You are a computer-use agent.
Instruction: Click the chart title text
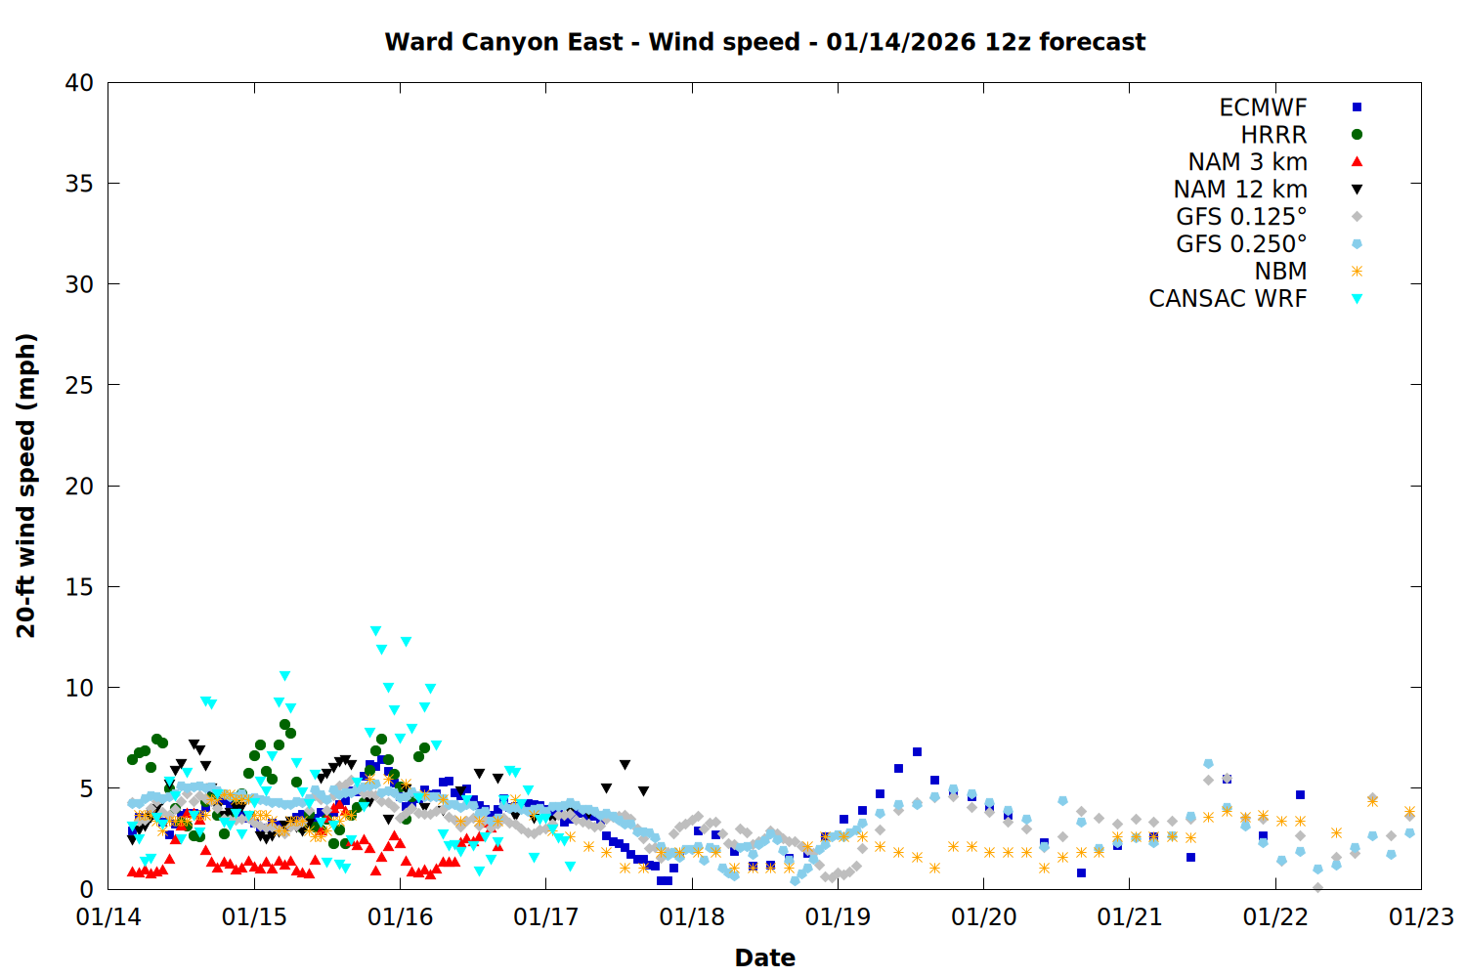click(x=764, y=42)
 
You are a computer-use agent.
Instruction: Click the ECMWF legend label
click(x=1263, y=107)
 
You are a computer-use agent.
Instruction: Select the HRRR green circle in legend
click(x=1357, y=135)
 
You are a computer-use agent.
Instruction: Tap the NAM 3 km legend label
click(x=1247, y=162)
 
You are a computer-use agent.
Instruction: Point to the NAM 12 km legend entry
click(x=1240, y=190)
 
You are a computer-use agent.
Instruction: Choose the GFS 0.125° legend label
click(x=1241, y=217)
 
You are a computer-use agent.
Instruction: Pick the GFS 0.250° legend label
click(x=1241, y=244)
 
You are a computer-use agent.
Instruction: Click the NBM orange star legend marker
click(x=1357, y=272)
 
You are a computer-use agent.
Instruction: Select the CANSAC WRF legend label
click(x=1228, y=299)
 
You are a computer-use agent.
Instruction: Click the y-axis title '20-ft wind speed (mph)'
click(x=26, y=486)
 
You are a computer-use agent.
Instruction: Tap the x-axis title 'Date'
click(x=764, y=957)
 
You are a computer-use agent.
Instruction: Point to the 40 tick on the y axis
click(x=79, y=83)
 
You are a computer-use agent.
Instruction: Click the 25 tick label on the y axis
click(x=79, y=385)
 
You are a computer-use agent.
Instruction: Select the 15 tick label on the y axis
click(x=79, y=586)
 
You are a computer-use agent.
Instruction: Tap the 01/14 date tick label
click(x=108, y=917)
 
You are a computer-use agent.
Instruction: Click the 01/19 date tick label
click(x=838, y=917)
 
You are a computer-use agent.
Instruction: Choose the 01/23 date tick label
click(x=1421, y=917)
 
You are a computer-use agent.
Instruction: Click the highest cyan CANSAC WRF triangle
click(x=375, y=631)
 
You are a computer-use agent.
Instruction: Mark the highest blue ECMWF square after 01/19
click(x=917, y=751)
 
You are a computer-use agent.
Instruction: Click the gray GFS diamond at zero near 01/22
click(x=1317, y=888)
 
